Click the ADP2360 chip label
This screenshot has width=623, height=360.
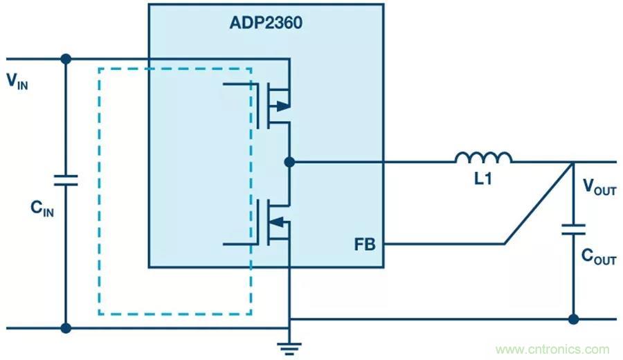(266, 23)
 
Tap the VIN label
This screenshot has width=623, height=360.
(18, 81)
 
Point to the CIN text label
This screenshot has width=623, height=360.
(42, 207)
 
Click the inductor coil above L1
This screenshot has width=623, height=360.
(483, 158)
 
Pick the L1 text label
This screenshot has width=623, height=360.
(483, 179)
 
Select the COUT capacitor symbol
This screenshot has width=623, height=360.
(573, 230)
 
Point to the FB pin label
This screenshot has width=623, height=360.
(365, 244)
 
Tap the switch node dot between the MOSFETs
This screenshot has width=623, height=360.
(289, 162)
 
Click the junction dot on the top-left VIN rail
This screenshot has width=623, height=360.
(66, 59)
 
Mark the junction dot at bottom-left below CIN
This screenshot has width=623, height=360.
(66, 327)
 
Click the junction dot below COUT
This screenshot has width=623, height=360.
(573, 319)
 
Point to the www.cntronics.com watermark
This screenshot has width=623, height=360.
(552, 350)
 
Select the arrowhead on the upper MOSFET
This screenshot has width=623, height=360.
(282, 106)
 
